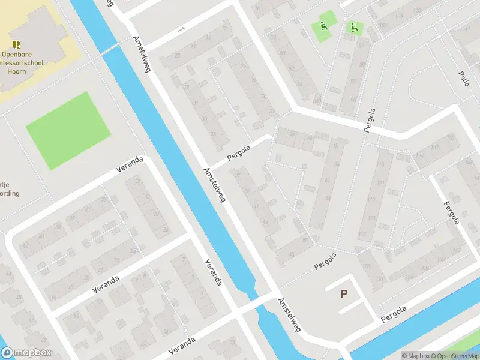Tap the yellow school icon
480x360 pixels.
tap(16, 44)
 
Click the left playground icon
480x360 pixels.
tap(323, 26)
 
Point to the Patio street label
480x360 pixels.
tap(463, 78)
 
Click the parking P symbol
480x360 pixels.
tap(344, 294)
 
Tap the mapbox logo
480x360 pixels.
tap(26, 353)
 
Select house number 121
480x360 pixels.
tap(379, 183)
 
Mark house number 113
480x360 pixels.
tap(380, 164)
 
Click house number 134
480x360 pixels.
tap(409, 268)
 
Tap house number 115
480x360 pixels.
tap(371, 199)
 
